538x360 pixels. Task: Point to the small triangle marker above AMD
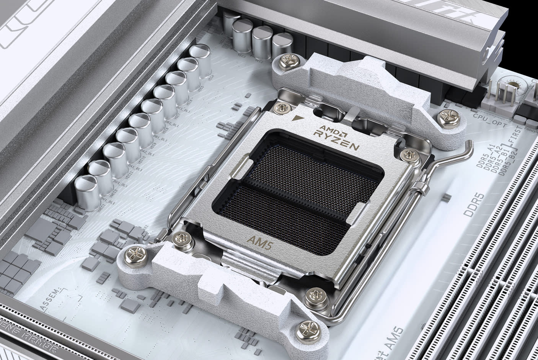pyautogui.click(x=295, y=118)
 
